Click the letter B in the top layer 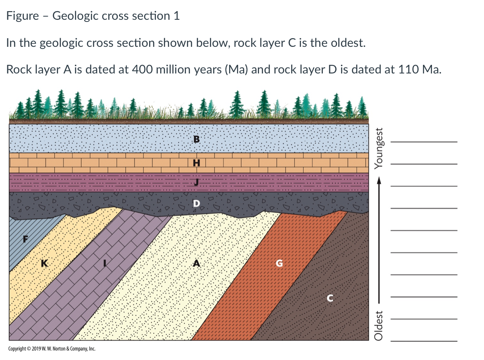coord(197,139)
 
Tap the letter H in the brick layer coord(197,163)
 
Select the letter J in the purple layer coord(197,183)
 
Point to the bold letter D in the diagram coord(196,203)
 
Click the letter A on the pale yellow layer coord(196,264)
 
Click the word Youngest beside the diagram coord(378,146)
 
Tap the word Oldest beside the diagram coord(378,326)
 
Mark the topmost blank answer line coord(423,142)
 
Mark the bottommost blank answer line coord(423,341)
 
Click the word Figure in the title coord(23,16)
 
